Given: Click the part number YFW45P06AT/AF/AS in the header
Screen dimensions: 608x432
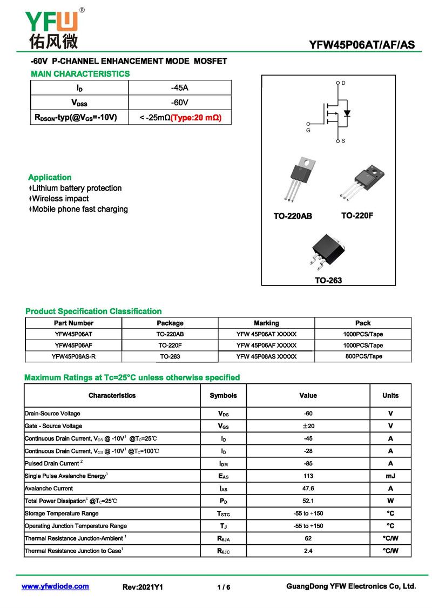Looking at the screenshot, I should pos(362,44).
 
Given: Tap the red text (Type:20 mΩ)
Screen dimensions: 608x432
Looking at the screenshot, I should pos(196,117).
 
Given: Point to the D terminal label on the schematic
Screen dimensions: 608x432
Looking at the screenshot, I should pos(343,83).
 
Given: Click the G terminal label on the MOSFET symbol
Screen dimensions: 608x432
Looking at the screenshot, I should pos(308,130).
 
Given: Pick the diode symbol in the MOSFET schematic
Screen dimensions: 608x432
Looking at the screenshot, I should pos(347,113).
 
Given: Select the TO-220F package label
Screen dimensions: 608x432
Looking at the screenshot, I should pos(357,215).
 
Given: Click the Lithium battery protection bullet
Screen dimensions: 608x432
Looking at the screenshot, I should pos(76,188).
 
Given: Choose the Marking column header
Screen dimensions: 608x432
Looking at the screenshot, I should pos(266,323).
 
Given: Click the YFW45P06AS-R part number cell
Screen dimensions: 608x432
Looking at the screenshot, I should pos(74,356).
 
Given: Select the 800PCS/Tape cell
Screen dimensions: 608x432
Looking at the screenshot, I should pos(363,356).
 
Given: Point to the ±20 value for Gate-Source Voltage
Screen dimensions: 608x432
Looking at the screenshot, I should pos(308,426).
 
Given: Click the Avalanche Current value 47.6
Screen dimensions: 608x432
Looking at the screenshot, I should pos(308,488).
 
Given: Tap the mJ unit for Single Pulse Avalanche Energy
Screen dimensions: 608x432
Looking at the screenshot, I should pos(390,476).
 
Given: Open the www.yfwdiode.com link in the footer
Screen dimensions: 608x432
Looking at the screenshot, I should pos(55,586).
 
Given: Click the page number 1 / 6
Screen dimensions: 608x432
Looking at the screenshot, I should pos(224,587).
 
